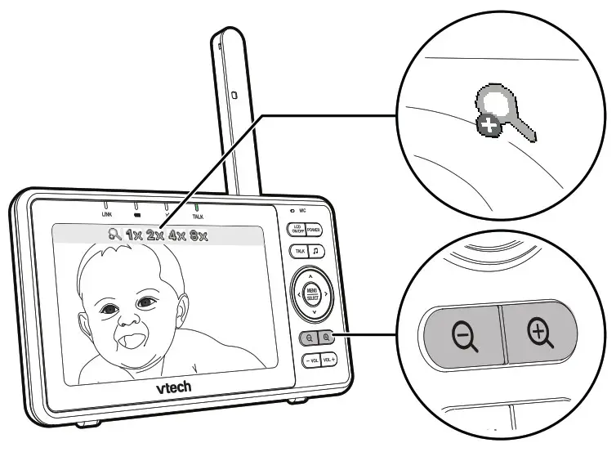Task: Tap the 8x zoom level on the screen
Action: click(x=198, y=236)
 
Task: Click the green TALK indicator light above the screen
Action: click(x=197, y=207)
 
